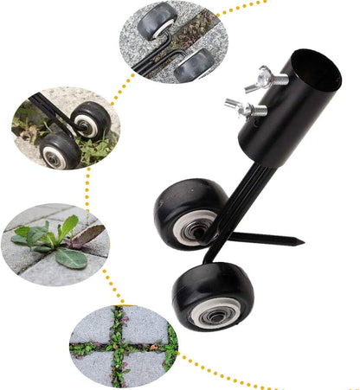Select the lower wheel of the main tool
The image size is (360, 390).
(212, 297)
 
